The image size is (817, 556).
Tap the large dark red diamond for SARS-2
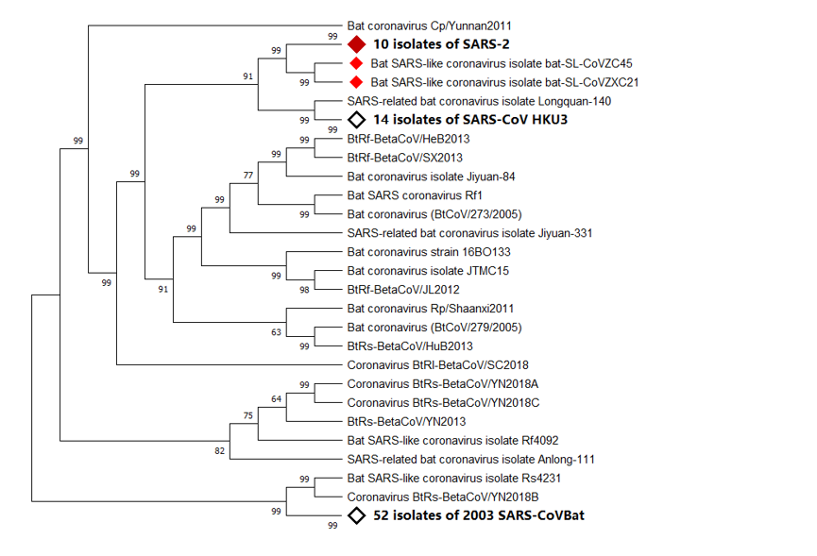point(356,44)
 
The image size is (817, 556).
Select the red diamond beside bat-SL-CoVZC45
point(356,63)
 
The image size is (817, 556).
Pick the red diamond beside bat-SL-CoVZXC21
point(356,82)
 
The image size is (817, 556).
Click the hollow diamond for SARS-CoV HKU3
point(357,120)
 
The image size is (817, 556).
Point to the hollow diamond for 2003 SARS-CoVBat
point(357,515)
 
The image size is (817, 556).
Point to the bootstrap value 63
point(277,331)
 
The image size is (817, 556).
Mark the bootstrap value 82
point(220,451)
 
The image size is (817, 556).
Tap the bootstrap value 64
point(277,399)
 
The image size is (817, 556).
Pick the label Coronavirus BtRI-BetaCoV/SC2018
point(437,364)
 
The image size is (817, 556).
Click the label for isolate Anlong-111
point(470,459)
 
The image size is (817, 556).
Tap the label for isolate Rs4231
point(454,478)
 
